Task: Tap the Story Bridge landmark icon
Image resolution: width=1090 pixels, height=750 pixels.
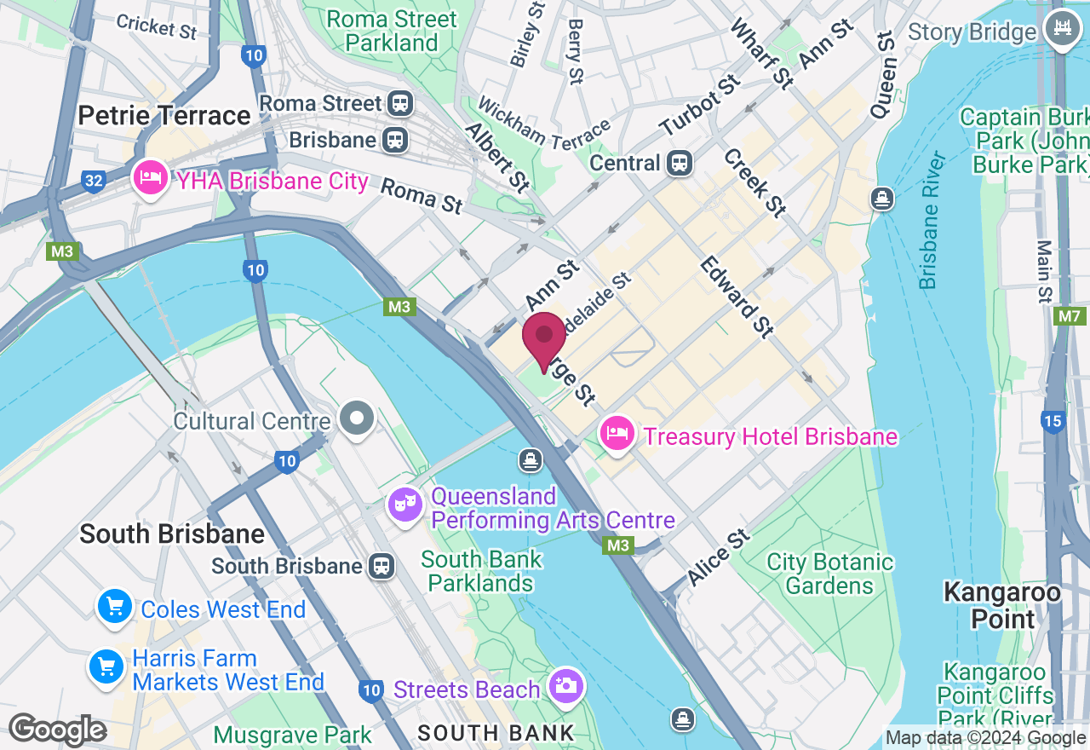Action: pyautogui.click(x=1062, y=32)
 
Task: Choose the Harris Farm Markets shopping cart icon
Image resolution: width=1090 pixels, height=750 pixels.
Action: pyautogui.click(x=107, y=668)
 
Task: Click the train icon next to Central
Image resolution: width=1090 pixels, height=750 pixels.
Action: pyautogui.click(x=680, y=162)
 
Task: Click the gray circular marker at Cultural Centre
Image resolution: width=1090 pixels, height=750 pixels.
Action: pyautogui.click(x=357, y=419)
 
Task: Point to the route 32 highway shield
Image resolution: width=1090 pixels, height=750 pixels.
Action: pyautogui.click(x=93, y=181)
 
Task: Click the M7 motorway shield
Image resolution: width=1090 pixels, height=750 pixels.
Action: pyautogui.click(x=1069, y=317)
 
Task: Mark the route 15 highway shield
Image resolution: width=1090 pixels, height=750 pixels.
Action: pyautogui.click(x=1052, y=421)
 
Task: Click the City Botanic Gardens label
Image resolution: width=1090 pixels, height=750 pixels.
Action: pyautogui.click(x=829, y=574)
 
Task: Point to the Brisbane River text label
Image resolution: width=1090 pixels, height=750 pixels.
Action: pyautogui.click(x=933, y=221)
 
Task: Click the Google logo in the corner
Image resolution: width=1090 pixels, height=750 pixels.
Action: pyautogui.click(x=57, y=730)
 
